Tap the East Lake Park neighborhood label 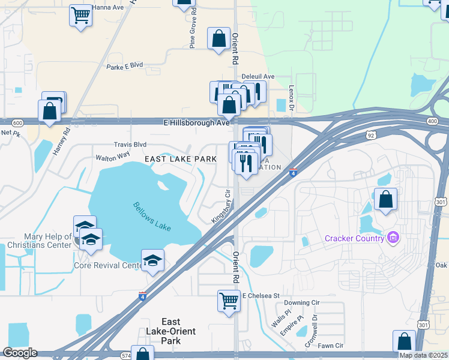point(180,159)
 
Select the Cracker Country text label point(354,238)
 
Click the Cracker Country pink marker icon point(393,238)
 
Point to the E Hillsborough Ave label point(197,122)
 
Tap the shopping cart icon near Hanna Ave point(80,14)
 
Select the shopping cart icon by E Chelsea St point(229,301)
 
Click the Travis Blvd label point(130,145)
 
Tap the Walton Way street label point(113,157)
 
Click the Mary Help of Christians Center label point(40,241)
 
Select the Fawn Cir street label point(330,346)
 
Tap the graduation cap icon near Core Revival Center point(152,260)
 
